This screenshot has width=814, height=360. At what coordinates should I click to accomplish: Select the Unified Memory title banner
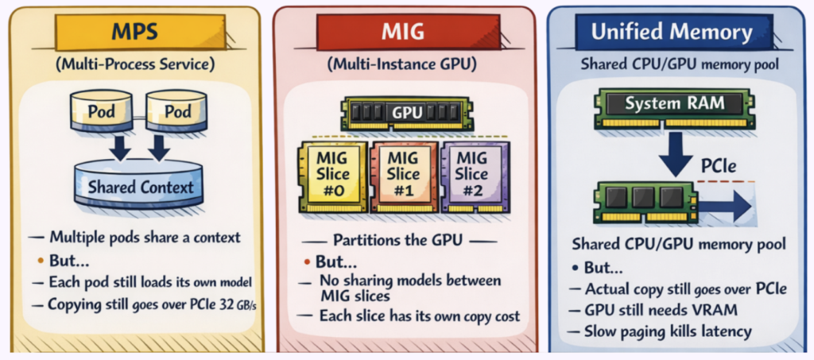pos(672,33)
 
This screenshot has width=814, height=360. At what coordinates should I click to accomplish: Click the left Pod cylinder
pos(101,111)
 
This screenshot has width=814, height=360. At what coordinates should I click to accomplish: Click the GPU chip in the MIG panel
pos(404,114)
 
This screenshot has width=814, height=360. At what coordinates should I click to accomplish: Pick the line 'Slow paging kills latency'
pos(668,331)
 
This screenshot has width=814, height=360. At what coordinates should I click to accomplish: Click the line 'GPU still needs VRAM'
pos(657,310)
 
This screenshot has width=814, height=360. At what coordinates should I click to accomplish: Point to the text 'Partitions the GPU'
pos(404,240)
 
